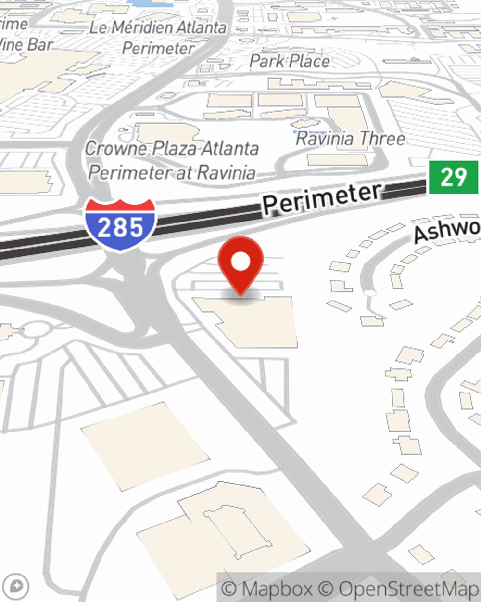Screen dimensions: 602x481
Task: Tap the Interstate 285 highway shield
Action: click(120, 224)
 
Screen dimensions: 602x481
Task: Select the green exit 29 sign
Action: click(454, 177)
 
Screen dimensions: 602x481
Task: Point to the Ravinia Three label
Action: click(350, 139)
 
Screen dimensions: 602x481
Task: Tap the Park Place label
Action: click(290, 61)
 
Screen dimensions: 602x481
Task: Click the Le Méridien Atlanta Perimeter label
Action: click(158, 38)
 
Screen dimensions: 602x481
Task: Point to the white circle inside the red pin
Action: click(240, 262)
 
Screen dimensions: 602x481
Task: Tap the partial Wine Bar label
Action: click(26, 45)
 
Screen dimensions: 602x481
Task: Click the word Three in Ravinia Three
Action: click(383, 139)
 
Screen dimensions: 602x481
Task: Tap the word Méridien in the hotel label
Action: click(135, 27)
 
